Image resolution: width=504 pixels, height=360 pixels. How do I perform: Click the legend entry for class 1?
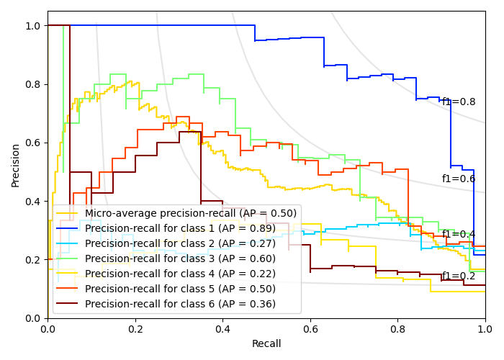tap(180, 228)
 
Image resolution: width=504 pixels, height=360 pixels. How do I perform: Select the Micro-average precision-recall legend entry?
tap(191, 213)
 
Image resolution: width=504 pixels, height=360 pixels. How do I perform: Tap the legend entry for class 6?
tap(180, 304)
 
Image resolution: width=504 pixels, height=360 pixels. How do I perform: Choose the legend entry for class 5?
tap(180, 289)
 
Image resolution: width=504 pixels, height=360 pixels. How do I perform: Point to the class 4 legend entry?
tap(180, 274)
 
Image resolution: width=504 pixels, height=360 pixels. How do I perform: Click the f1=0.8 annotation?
tap(459, 102)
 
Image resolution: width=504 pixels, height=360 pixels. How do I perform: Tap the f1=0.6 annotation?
tap(459, 179)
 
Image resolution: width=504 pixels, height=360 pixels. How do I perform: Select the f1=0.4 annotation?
tap(459, 234)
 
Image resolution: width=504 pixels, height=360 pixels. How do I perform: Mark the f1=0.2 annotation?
tap(459, 276)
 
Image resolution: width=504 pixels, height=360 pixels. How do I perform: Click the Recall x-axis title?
tap(266, 344)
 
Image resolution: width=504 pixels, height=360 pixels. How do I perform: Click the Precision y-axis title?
tap(16, 165)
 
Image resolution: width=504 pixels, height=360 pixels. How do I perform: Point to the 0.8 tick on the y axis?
tap(34, 84)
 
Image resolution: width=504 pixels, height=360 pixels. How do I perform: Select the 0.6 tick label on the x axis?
tap(310, 328)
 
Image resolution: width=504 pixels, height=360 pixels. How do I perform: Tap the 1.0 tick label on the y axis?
tap(34, 26)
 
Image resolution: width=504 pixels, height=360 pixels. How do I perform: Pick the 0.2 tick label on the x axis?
tap(135, 328)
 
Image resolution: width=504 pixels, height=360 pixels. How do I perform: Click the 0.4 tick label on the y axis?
tap(34, 201)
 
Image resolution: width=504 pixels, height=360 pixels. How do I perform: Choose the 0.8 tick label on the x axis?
tap(398, 328)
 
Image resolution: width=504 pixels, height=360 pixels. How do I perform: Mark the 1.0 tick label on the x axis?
tap(485, 328)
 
